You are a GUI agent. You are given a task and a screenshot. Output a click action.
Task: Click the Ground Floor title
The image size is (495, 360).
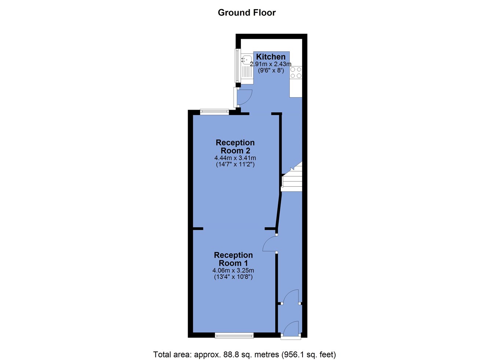247,12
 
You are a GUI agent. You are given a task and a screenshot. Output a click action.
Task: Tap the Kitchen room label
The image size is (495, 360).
271,57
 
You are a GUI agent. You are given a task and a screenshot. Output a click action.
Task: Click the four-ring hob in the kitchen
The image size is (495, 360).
296,73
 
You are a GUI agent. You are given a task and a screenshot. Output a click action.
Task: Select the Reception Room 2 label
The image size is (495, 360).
235,147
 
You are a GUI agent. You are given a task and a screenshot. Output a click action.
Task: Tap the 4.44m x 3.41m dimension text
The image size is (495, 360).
235,158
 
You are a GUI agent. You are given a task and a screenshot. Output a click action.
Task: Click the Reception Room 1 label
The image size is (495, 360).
233,259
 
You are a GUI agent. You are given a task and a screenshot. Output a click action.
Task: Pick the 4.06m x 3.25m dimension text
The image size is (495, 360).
233,270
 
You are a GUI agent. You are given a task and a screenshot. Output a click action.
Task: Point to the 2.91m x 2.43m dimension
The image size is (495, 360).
271,64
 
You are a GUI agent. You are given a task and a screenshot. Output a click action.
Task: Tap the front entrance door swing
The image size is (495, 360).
291,329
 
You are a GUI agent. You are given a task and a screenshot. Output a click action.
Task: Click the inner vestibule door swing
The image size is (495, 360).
291,296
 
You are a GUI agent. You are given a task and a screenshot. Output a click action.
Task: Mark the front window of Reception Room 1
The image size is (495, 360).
234,336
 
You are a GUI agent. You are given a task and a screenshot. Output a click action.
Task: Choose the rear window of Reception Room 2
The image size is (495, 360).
214,112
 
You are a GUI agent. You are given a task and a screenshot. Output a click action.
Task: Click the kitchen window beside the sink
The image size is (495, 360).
237,66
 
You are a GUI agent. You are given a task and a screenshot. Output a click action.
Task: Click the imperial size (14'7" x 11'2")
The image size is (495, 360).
235,165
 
